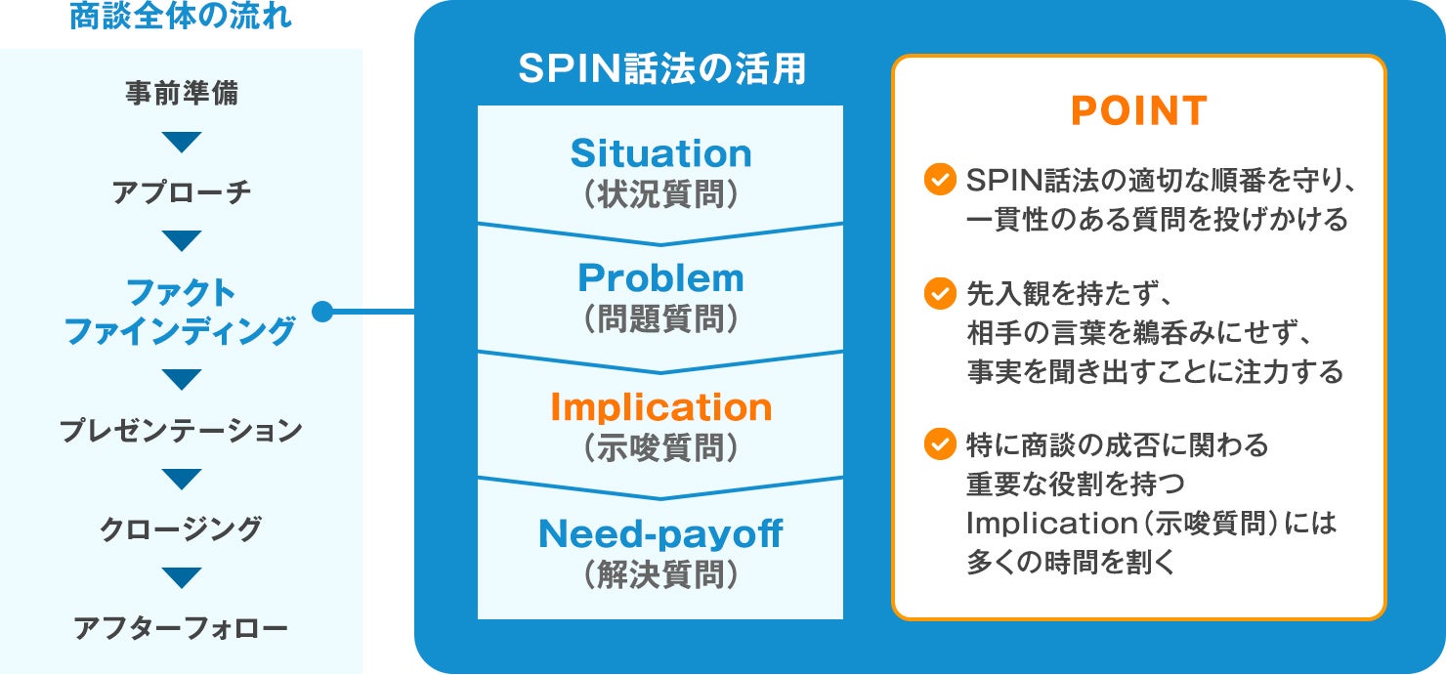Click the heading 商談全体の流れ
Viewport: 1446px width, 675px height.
181,18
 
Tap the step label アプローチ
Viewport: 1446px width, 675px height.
182,192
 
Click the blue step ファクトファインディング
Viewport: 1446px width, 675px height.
181,312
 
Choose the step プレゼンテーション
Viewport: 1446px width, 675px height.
182,431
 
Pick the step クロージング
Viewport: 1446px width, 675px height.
182,529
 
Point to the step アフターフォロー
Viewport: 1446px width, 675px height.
182,628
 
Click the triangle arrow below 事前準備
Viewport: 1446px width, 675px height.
182,143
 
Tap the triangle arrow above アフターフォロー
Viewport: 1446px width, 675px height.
182,578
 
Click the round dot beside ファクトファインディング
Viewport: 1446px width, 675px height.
322,313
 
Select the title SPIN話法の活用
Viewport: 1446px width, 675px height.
661,70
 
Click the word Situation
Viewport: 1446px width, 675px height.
660,153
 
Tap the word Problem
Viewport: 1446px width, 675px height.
660,278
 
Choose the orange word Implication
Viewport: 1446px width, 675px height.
660,407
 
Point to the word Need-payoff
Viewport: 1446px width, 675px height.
660,533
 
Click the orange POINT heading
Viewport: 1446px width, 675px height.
1138,111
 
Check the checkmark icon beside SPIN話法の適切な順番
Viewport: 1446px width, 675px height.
939,180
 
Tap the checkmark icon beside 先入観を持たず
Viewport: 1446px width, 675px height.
939,292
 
